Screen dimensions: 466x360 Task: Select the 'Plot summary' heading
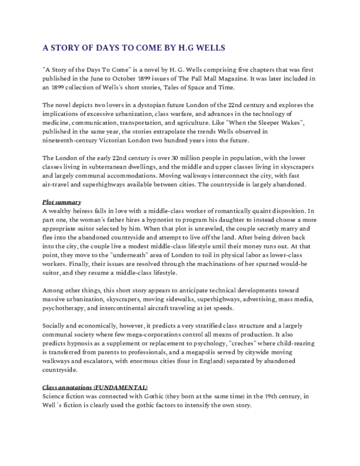coord(62,202)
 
